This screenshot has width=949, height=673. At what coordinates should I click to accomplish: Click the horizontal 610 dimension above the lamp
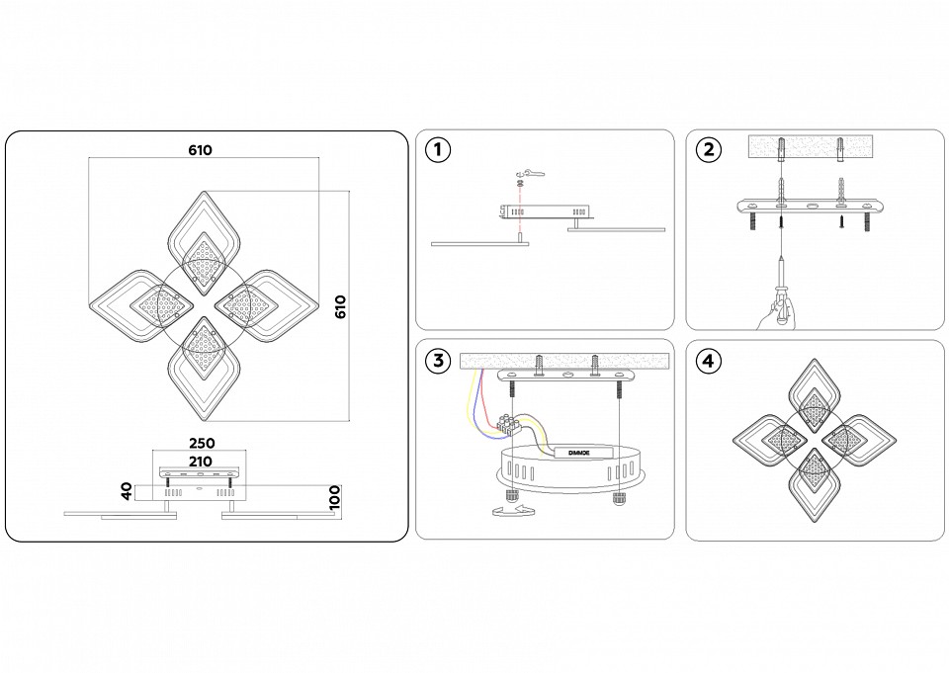(201, 150)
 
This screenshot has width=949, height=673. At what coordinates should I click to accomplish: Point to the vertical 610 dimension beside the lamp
(341, 306)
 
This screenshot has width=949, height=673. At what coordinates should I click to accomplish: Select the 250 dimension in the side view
(202, 444)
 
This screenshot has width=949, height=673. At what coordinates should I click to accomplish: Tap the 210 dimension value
(202, 461)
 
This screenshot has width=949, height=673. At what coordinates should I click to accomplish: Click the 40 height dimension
(128, 491)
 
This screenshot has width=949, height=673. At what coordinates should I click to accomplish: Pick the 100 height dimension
(335, 496)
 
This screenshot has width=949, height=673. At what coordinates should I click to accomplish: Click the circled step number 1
(437, 150)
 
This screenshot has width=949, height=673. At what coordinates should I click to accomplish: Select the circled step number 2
(708, 150)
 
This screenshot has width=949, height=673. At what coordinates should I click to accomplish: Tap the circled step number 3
(437, 361)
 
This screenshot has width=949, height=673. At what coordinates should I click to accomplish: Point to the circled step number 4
(708, 361)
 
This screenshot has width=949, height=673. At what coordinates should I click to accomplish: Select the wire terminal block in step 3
(512, 427)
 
